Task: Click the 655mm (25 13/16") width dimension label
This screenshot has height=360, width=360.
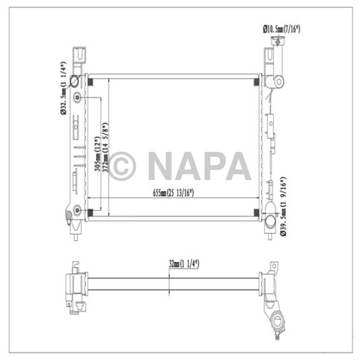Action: (173, 193)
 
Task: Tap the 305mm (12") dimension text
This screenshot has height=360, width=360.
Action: (98, 154)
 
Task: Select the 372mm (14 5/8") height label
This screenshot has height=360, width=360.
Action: (105, 147)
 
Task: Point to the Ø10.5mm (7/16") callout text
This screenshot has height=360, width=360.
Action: (281, 29)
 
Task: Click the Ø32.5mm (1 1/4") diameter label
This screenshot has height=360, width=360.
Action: (63, 88)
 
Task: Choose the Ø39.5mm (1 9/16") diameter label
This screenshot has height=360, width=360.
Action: (283, 206)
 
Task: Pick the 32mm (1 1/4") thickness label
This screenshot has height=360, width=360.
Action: (184, 264)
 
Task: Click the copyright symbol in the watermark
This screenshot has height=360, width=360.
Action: (122, 166)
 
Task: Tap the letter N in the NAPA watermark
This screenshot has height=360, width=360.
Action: (163, 166)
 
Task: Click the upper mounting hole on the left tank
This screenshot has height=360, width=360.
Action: (77, 98)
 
